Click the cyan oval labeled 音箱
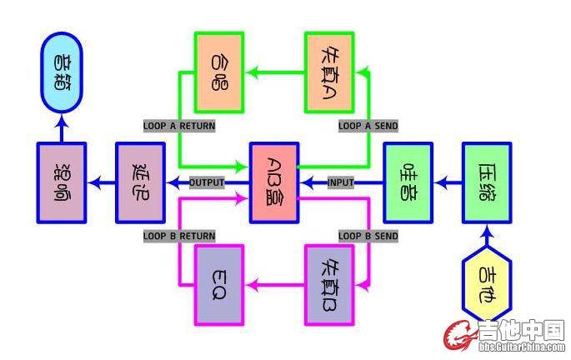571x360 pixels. (x=63, y=72)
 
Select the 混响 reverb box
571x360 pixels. (x=62, y=182)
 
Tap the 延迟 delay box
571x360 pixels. (x=139, y=182)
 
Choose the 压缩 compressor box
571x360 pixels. (x=487, y=182)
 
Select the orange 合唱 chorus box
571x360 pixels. (x=219, y=72)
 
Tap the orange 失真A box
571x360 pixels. (x=329, y=72)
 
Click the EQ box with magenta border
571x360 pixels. (x=219, y=284)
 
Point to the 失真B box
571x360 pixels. (x=329, y=284)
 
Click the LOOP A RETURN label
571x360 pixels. (x=179, y=126)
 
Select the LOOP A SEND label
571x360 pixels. (x=368, y=126)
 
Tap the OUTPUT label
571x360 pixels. (x=208, y=182)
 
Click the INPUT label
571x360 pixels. (x=340, y=182)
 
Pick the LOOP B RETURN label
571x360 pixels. (x=179, y=236)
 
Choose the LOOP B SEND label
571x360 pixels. (x=368, y=236)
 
